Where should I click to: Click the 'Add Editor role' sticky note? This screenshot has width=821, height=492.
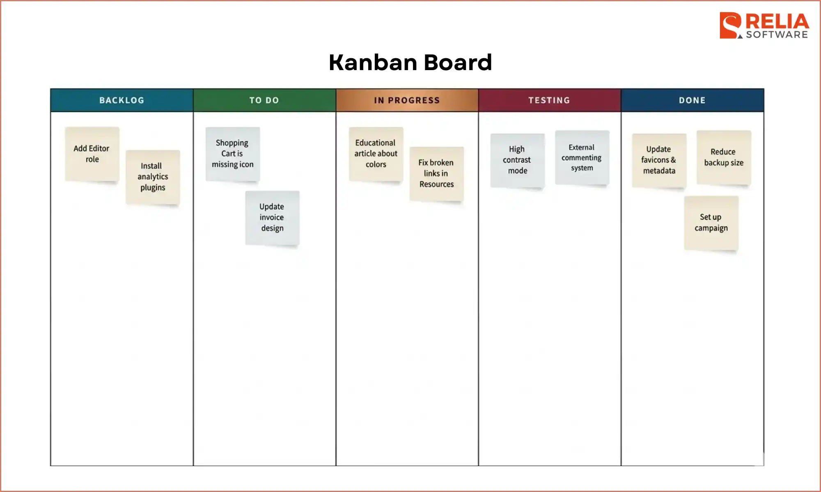(x=92, y=154)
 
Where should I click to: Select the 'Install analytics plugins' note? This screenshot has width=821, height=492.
(x=153, y=177)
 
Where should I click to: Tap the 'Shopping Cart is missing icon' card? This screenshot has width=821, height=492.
(x=232, y=154)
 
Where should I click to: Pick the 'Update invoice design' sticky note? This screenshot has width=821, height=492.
(x=272, y=217)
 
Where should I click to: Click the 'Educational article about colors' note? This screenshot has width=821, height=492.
(x=376, y=154)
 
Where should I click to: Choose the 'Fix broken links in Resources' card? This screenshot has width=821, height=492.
(x=436, y=173)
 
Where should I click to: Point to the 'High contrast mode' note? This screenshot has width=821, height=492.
(x=517, y=160)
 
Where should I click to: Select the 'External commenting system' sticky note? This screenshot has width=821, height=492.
(x=582, y=157)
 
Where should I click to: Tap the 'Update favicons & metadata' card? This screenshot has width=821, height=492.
(x=659, y=160)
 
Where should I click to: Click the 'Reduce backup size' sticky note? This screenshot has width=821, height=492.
(x=724, y=157)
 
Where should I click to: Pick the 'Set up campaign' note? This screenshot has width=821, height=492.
(x=711, y=223)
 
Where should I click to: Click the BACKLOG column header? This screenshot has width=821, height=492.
(x=122, y=100)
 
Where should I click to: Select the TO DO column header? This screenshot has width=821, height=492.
(x=264, y=100)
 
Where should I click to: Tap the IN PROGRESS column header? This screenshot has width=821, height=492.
(x=407, y=100)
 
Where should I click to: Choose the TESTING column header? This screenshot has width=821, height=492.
(x=549, y=100)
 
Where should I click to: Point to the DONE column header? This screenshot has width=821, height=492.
(x=692, y=100)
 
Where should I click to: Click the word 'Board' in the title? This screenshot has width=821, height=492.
(x=457, y=62)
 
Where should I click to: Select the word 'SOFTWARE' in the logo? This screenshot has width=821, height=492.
(x=777, y=35)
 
